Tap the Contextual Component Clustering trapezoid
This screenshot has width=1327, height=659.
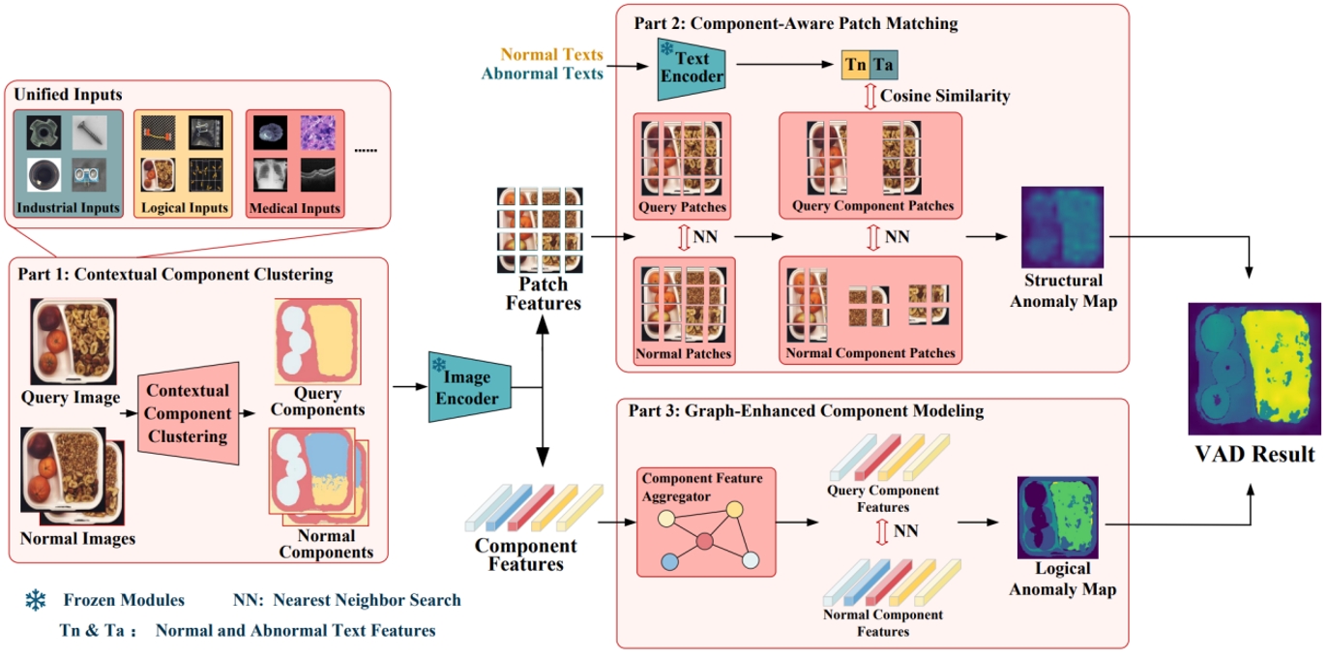tap(189, 412)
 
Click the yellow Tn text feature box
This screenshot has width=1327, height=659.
tap(854, 65)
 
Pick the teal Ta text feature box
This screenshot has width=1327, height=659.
tap(883, 65)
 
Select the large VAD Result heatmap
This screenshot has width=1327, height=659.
tap(1253, 368)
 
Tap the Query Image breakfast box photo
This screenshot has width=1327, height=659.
tap(70, 341)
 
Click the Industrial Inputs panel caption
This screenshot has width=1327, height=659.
tap(68, 208)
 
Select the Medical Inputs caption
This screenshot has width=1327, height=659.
tap(296, 208)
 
